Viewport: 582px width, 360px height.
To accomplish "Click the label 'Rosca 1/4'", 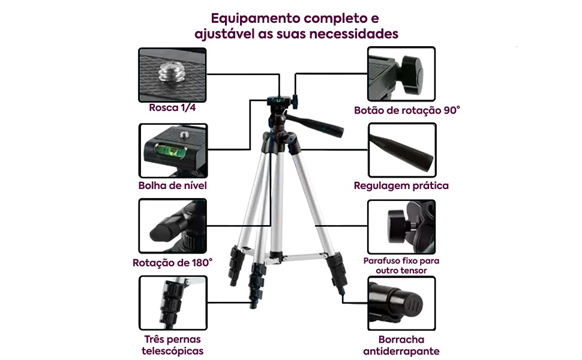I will [172, 109].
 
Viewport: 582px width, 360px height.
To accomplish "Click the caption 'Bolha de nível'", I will [172, 185].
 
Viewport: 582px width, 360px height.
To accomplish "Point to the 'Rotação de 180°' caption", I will [172, 262].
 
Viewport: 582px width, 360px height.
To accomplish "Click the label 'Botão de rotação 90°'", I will [407, 110].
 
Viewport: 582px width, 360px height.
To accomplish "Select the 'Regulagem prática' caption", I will [401, 185].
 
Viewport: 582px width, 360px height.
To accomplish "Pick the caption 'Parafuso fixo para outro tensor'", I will [401, 266].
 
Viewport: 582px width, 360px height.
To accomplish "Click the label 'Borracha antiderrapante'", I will [401, 346].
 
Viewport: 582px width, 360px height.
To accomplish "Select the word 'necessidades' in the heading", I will [354, 34].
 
